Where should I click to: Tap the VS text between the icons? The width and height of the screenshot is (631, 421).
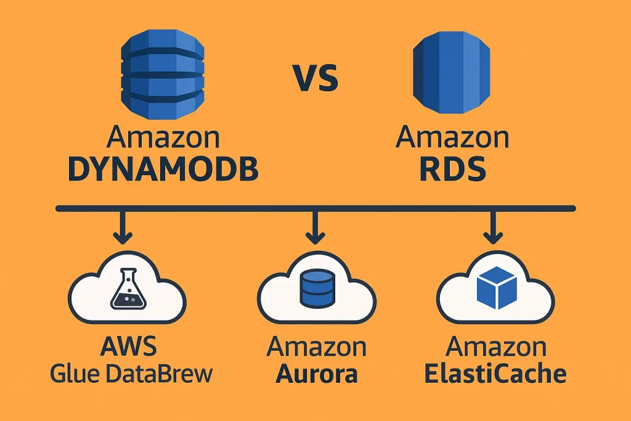point(314,79)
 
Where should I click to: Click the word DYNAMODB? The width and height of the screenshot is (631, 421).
point(163,168)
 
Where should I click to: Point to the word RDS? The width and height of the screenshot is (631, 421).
point(453,168)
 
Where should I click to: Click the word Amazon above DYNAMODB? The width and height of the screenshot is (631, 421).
point(163,137)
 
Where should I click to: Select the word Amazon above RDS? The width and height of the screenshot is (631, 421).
point(453,137)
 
